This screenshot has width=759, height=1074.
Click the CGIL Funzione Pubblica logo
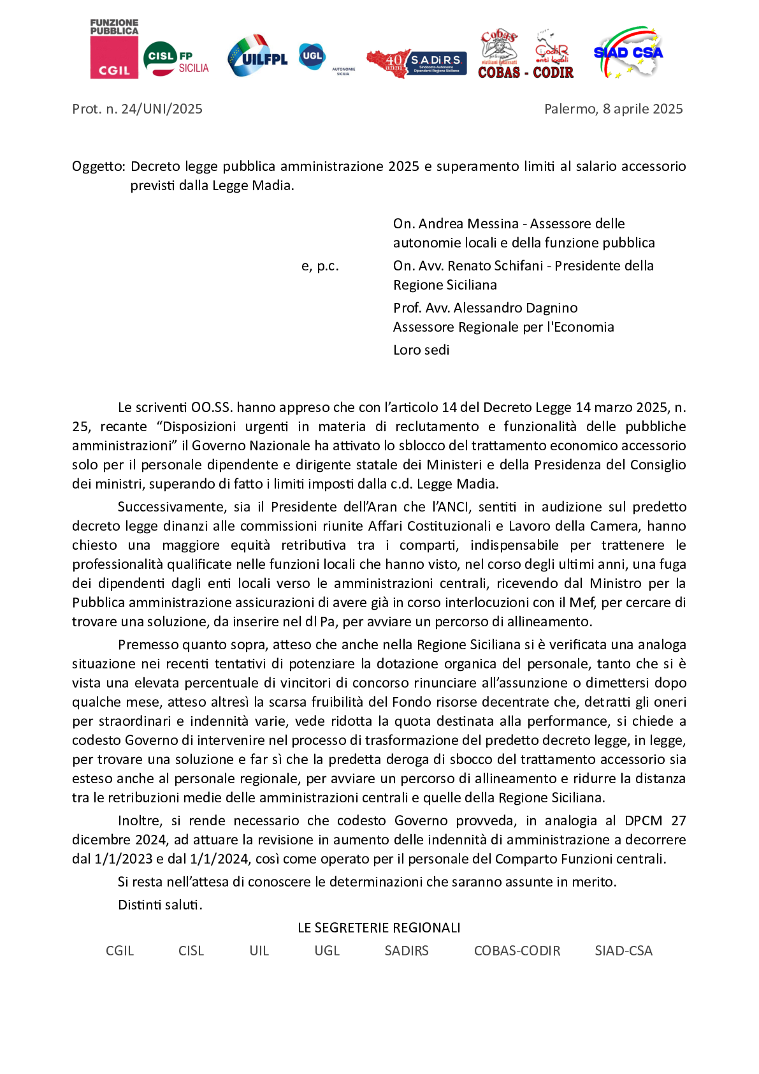coord(114,49)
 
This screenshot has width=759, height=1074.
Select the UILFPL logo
coord(257,56)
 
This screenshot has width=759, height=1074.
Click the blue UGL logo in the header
coord(312,56)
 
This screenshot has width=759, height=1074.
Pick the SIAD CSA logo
coord(628,52)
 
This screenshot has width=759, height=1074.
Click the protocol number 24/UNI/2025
coord(161,109)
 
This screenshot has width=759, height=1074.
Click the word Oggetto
coord(98,166)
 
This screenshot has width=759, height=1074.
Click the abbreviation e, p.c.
coord(320,266)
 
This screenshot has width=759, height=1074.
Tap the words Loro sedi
coord(421,350)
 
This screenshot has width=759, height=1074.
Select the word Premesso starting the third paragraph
coord(146,645)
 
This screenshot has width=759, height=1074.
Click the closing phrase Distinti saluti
coord(160,905)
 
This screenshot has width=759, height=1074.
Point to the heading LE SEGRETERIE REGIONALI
coord(379,928)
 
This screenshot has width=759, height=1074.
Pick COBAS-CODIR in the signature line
coord(517,951)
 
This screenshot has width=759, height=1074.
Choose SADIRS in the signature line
coord(407,951)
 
